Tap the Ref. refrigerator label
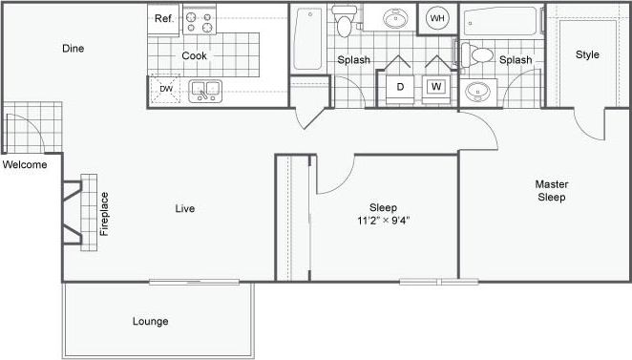click(163, 18)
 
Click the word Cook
click(195, 55)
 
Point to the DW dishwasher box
click(166, 89)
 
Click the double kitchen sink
click(205, 91)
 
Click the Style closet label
click(587, 54)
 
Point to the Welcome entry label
click(25, 164)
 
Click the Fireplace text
click(104, 214)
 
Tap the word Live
click(185, 208)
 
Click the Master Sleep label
click(550, 191)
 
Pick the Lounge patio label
click(151, 321)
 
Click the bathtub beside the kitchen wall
click(306, 38)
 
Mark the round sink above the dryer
click(392, 19)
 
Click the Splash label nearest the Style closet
click(515, 60)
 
